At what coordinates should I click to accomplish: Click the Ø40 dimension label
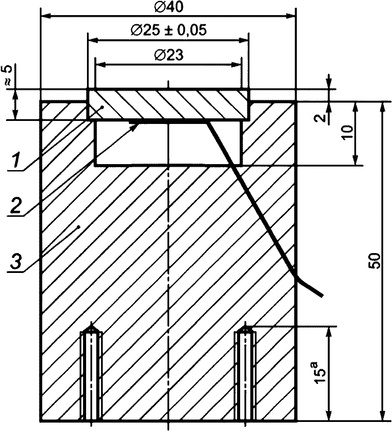pyautogui.click(x=169, y=7)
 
